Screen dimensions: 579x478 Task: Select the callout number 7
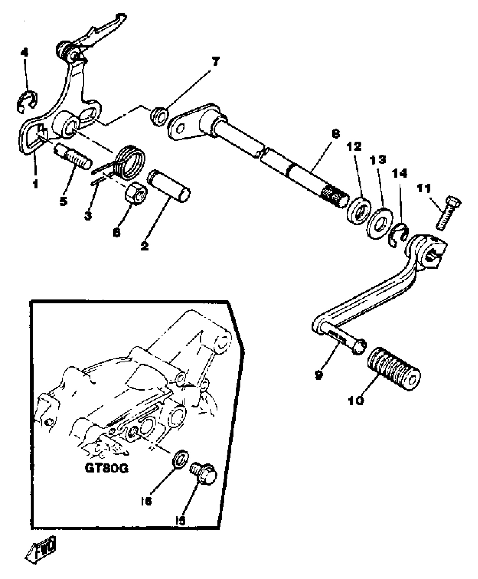pos(215,61)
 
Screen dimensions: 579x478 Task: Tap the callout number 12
pos(354,147)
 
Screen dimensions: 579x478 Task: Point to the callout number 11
pos(424,189)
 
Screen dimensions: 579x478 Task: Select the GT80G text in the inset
pos(107,468)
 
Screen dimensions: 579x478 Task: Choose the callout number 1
pos(35,184)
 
